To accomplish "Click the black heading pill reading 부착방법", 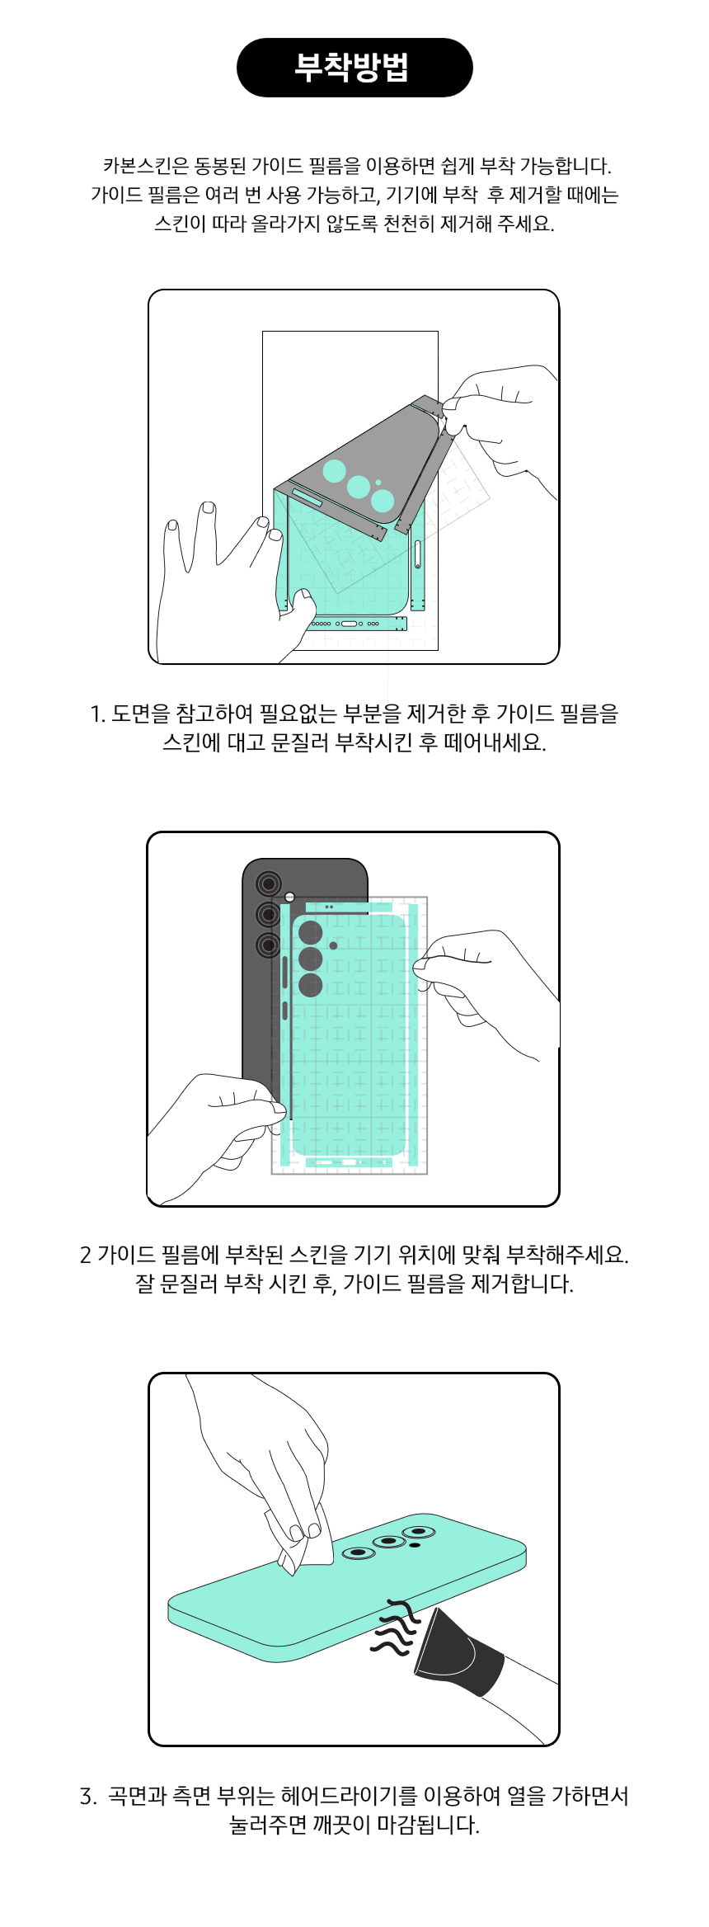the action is (354, 68).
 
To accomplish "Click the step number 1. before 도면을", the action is (98, 714).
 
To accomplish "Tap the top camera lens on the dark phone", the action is (268, 884).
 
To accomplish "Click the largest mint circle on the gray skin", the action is (383, 500).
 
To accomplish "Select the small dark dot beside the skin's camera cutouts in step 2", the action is (333, 945).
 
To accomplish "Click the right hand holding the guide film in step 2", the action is (486, 990).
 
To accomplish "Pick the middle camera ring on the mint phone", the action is (389, 1542).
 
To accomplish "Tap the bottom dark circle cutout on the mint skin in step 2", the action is (311, 985).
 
